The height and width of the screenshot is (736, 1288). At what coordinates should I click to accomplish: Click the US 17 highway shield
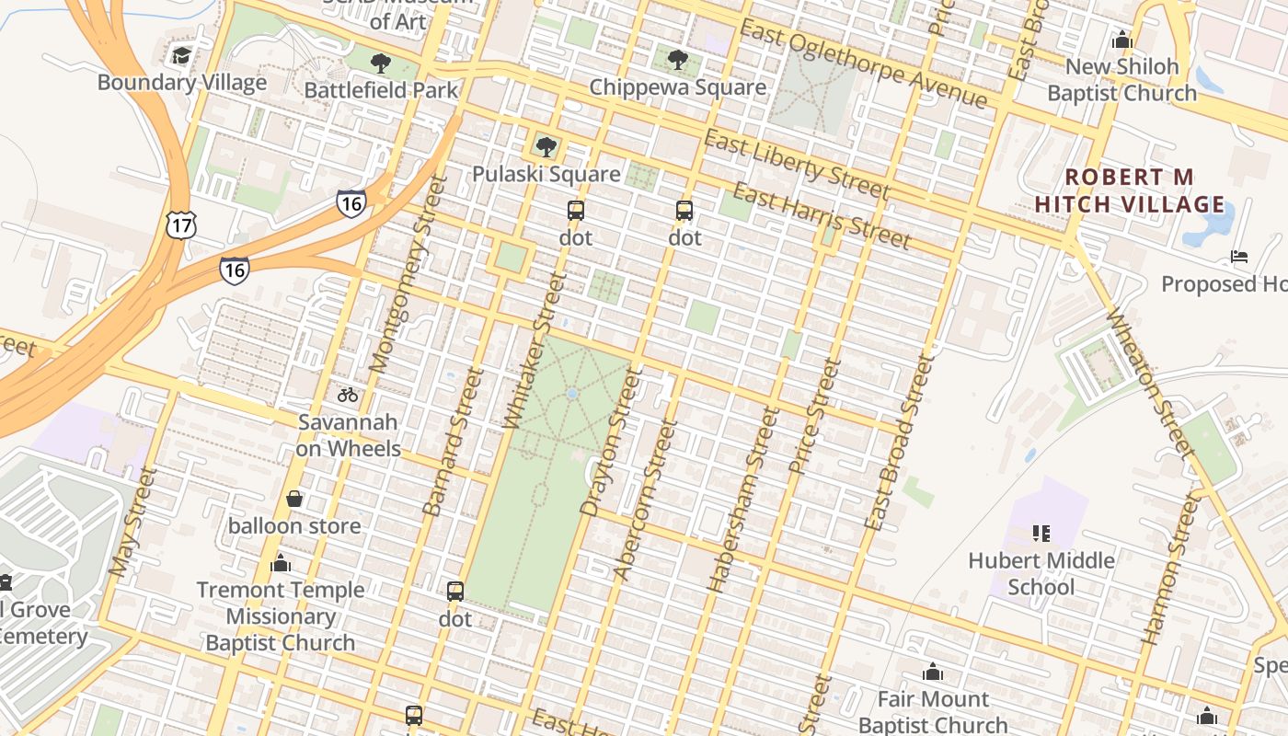180,224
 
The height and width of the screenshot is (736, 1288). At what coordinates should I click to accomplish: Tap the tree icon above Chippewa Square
678,61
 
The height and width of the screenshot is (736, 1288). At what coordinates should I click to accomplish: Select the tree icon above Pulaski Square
546,146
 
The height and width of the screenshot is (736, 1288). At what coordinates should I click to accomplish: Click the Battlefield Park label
381,90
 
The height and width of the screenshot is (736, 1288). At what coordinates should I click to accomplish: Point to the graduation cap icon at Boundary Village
181,55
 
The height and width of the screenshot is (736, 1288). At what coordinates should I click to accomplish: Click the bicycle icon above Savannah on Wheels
348,395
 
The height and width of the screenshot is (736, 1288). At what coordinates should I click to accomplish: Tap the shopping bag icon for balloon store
294,499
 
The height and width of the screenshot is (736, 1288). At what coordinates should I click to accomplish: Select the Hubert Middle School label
1041,573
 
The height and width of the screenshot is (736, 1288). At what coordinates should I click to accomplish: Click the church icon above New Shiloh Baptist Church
1121,40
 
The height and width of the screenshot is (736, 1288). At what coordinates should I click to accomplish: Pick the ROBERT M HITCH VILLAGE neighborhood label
1130,190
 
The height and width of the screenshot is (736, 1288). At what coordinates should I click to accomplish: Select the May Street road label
133,522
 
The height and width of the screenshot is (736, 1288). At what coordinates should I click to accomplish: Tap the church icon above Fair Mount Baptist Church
933,672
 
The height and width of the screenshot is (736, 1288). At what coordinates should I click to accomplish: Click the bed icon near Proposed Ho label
1239,256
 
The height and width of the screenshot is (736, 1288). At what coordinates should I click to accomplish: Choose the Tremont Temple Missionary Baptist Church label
281,615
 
